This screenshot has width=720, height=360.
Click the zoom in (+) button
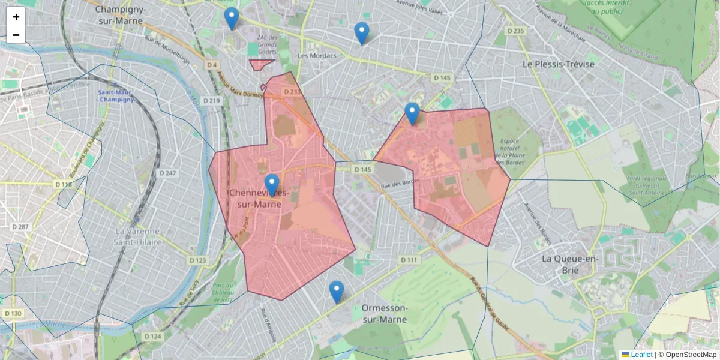coord(16,17)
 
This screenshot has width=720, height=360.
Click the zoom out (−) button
coord(16,35)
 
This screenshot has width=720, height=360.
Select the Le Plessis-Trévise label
coord(558,64)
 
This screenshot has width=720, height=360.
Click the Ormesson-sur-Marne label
coord(385,313)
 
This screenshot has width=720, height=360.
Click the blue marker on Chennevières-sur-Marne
coord(272,185)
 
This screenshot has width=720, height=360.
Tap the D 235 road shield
coord(515,31)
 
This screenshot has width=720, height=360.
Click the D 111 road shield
coord(409,259)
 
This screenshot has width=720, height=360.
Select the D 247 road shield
coord(167,173)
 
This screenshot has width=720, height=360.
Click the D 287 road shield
coord(20,227)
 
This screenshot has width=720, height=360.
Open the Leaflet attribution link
coord(641,355)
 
